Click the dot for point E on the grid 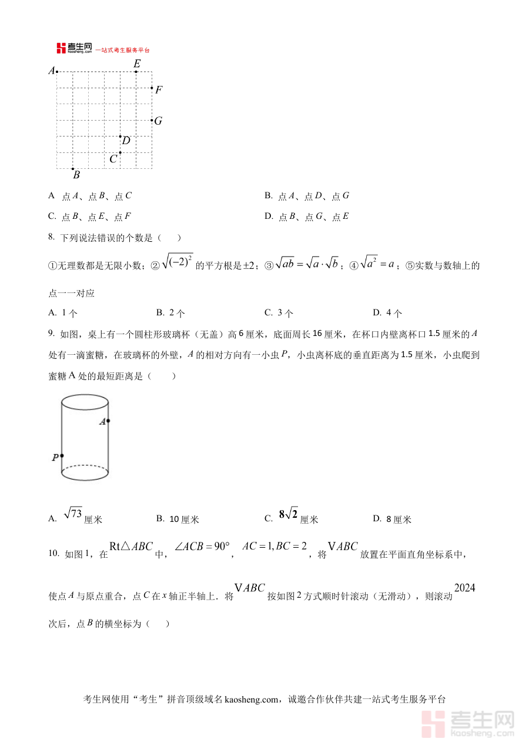(136, 72)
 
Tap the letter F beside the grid (159, 90)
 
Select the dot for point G (152, 120)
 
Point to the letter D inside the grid (126, 141)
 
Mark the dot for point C (120, 152)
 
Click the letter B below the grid (76, 175)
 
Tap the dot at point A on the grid (57, 72)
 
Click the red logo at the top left (61, 48)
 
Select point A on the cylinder (108, 421)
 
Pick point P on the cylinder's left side (62, 455)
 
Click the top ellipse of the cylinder (85, 402)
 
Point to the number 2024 (464, 588)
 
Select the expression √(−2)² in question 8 (177, 261)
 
